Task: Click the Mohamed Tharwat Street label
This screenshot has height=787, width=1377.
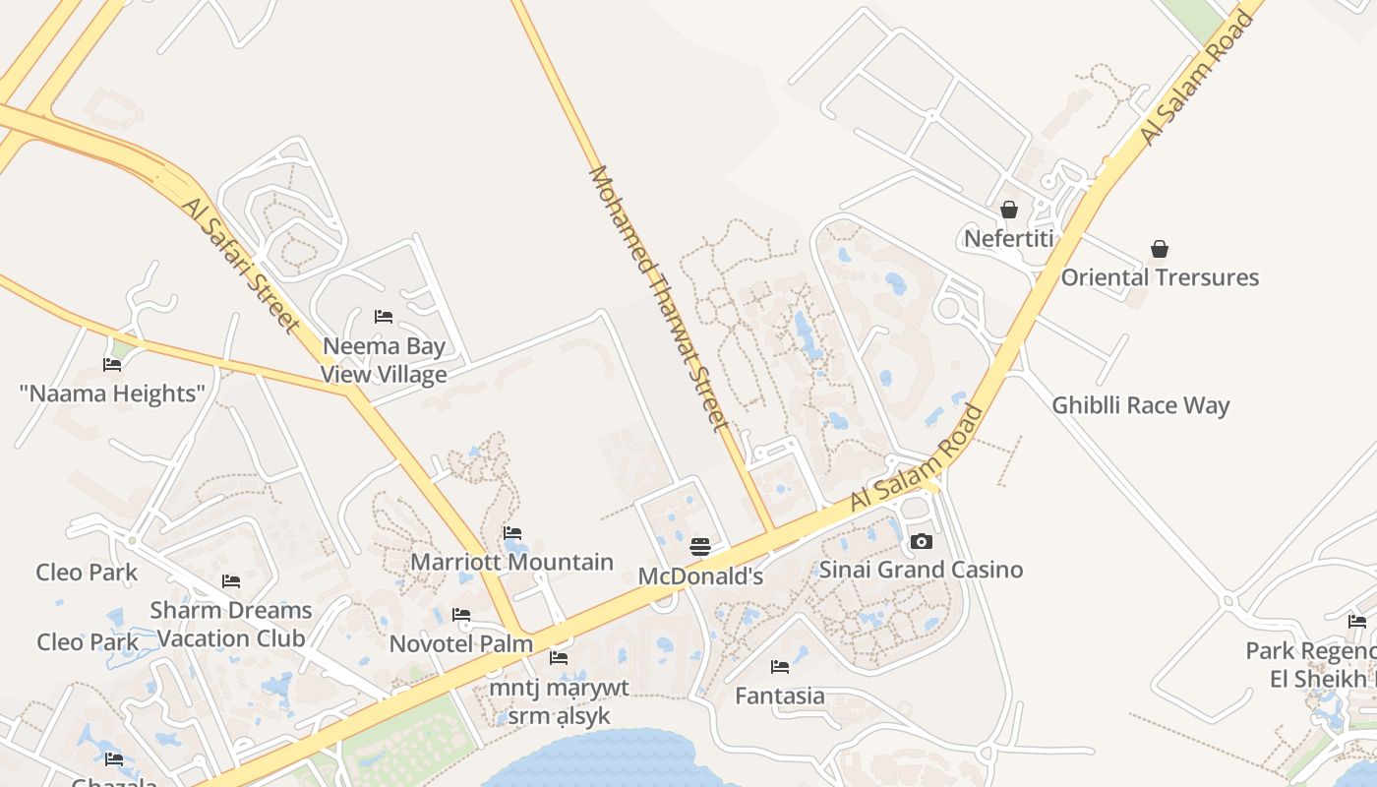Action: [657, 298]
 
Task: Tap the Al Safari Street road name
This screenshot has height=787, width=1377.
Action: [239, 263]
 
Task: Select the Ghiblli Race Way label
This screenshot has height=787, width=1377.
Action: [1141, 405]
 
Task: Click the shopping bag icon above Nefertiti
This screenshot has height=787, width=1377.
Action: [1008, 210]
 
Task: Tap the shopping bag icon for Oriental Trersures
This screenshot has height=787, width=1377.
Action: [1160, 249]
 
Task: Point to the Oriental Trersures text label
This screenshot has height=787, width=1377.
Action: [1160, 277]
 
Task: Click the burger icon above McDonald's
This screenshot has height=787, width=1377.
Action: [700, 546]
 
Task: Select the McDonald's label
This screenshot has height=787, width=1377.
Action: [700, 576]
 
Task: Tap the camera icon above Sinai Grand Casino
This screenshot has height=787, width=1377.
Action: [922, 541]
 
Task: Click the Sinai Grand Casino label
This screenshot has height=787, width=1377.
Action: [922, 570]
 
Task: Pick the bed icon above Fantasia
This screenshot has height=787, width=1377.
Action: [780, 667]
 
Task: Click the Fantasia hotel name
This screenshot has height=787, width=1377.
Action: [780, 696]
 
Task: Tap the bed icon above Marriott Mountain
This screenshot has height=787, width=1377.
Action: [511, 533]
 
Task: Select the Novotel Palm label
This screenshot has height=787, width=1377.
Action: [461, 643]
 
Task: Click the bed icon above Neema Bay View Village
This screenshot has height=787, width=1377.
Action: [384, 317]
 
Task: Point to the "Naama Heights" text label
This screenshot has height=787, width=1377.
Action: [112, 393]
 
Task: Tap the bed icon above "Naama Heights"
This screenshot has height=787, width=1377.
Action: [112, 365]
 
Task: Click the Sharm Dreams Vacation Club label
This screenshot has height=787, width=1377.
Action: [231, 624]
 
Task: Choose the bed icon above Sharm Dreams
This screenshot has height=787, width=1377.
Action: [231, 581]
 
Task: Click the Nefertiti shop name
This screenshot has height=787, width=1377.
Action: [1008, 239]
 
